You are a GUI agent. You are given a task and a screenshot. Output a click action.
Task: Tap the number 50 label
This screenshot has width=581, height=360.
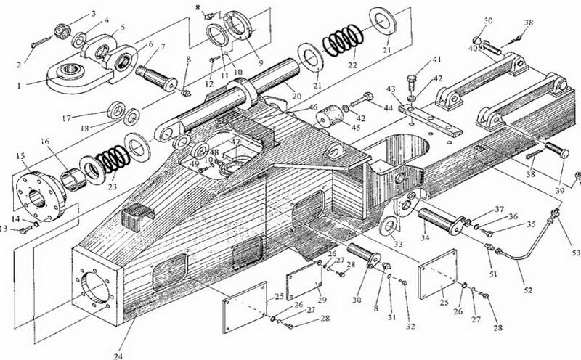click(488, 20)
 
